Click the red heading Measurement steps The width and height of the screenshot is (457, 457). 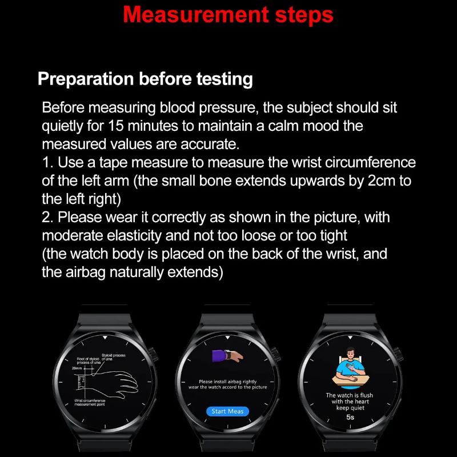tap(228, 15)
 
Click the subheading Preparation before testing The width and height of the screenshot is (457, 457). tap(145, 79)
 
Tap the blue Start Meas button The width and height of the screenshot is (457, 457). tap(227, 411)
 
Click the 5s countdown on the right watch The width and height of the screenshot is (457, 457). tap(350, 418)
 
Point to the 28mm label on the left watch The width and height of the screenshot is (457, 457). tap(77, 368)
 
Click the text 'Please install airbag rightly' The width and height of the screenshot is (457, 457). tap(227, 381)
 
